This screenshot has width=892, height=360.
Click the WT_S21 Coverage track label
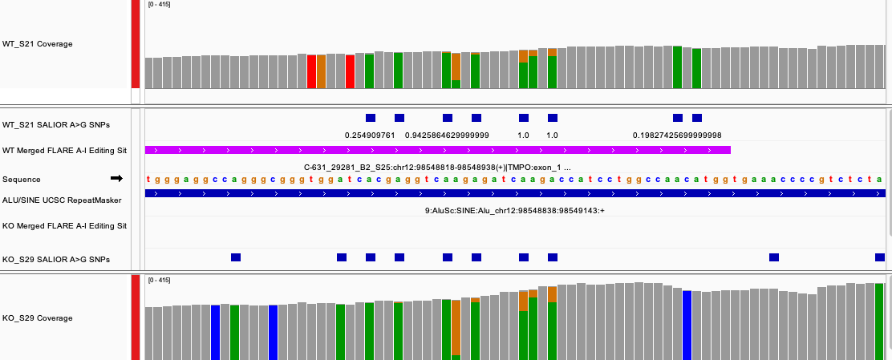tap(38, 44)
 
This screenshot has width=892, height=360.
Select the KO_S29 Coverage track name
tap(38, 318)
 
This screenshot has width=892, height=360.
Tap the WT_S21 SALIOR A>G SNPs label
tap(55, 125)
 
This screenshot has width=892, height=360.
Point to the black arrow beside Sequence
tap(116, 178)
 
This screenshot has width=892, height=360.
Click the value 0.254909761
tap(370, 136)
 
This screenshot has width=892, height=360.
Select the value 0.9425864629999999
tap(447, 136)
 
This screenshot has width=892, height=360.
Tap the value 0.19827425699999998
tap(677, 136)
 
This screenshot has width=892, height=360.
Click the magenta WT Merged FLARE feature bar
tap(437, 150)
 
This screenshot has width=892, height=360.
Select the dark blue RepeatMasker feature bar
tap(514, 194)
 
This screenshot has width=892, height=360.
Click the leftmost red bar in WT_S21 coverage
tap(312, 71)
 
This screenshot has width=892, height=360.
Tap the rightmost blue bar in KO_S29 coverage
tap(687, 325)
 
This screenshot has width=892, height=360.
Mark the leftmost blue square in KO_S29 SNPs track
tap(236, 257)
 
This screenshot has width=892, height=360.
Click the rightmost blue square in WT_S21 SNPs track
tap(697, 118)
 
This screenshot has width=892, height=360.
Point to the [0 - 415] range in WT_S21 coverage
tap(159, 5)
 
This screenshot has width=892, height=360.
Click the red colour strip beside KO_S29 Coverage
tap(136, 317)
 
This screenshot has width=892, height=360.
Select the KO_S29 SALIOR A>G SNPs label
tap(55, 260)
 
